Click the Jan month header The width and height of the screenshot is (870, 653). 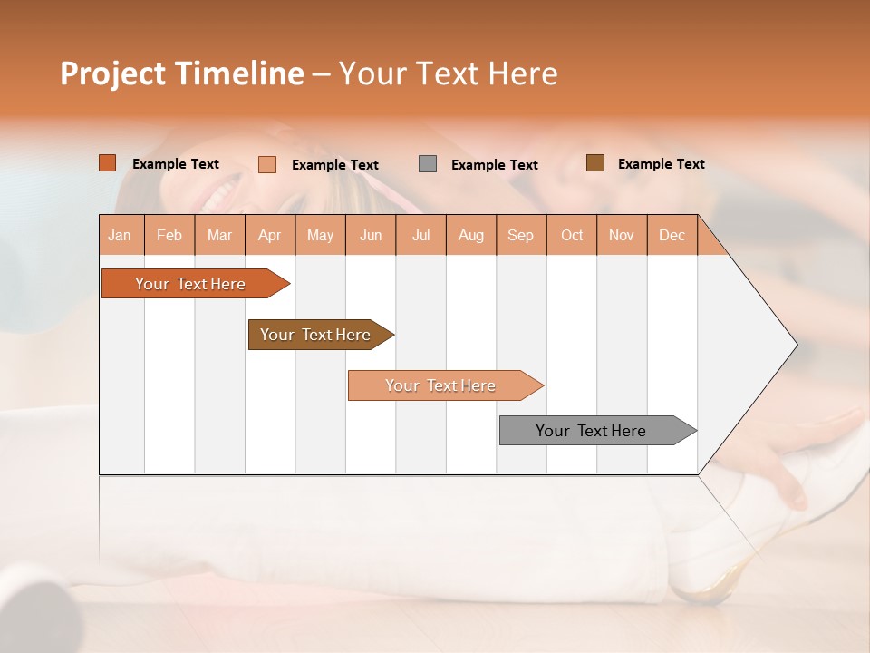[x=120, y=235]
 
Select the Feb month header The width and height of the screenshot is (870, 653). [x=169, y=235]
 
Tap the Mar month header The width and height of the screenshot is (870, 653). [x=219, y=235]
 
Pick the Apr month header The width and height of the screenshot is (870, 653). [x=270, y=235]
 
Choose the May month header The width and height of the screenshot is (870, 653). [x=320, y=235]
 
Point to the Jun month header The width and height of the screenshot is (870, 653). [x=371, y=235]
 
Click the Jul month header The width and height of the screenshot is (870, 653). [x=420, y=235]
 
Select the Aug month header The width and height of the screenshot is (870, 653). [x=471, y=235]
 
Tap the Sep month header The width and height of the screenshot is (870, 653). [x=521, y=235]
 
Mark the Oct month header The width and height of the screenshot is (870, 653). [x=572, y=235]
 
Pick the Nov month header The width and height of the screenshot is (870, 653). [x=622, y=235]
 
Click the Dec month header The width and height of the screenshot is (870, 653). [x=672, y=235]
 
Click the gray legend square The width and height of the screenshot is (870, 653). [x=428, y=164]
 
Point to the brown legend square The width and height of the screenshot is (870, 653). [x=594, y=163]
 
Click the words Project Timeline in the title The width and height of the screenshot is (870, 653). [x=182, y=73]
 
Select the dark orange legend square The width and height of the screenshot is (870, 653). [x=108, y=163]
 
